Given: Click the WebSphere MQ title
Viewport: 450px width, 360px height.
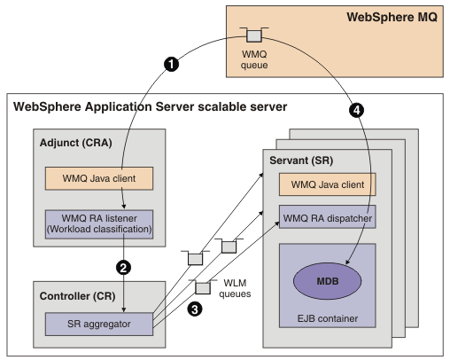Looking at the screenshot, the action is [392, 17].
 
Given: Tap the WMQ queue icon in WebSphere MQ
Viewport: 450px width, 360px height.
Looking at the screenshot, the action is [254, 35].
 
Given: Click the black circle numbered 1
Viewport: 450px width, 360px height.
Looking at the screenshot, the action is [171, 64].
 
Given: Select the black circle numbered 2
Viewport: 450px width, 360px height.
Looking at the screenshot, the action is [123, 268].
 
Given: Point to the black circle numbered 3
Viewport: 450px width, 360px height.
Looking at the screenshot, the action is [195, 309].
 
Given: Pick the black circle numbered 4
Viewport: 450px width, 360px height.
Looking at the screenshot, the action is [356, 110].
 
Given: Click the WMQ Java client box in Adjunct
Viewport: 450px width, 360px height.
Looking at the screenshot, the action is [99, 178].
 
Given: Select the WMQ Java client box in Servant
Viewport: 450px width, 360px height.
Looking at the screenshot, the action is [328, 184].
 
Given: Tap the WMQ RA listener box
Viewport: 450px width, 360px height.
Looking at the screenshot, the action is [99, 224].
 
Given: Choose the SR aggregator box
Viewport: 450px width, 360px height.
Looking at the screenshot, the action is [99, 324].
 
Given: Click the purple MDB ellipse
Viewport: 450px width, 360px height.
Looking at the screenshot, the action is [327, 281].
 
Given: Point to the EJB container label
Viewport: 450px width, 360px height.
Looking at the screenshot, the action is [328, 318].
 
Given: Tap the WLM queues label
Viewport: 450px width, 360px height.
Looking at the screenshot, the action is [235, 288].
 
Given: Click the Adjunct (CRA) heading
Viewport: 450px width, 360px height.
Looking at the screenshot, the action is [76, 143].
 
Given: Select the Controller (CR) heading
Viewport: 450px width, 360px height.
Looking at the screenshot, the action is [77, 296].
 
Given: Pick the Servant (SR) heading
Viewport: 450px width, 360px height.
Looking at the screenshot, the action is [301, 160].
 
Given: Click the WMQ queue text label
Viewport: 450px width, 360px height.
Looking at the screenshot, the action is [254, 59].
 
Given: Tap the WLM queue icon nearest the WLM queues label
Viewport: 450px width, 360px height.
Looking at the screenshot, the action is [203, 286].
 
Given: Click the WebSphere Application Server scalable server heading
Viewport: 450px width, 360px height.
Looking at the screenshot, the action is [150, 106].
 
